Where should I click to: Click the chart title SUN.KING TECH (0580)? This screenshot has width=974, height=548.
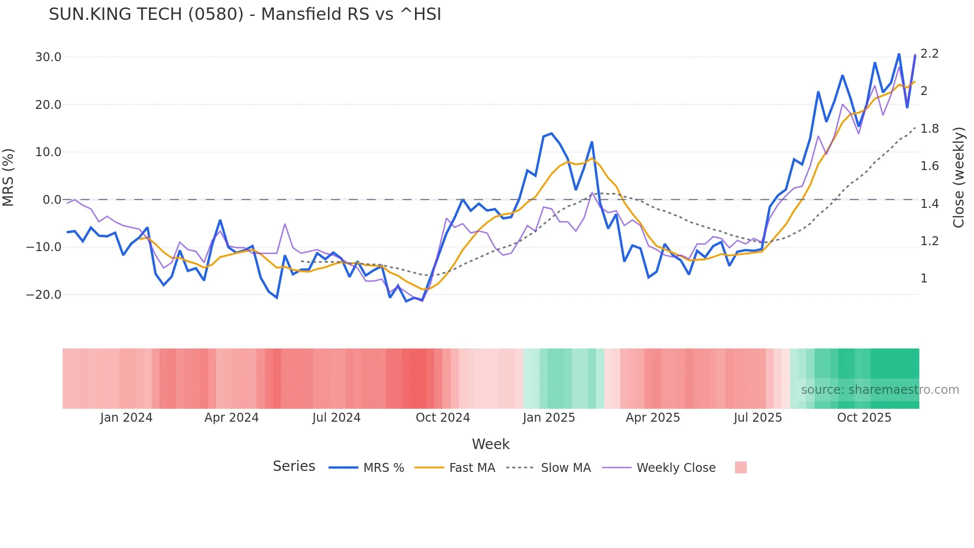pos(244,14)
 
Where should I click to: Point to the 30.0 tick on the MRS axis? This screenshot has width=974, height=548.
pos(48,57)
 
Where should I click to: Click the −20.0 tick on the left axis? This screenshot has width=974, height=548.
pos(44,295)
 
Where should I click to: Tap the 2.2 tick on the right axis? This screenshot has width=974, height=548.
pos(929,54)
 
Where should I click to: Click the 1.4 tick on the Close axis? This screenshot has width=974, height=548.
pos(929,204)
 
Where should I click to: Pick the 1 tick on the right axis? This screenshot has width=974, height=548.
pos(924,278)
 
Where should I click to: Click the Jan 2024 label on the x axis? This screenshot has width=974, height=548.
pos(126,418)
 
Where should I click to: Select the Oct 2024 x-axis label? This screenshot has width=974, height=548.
pos(443,418)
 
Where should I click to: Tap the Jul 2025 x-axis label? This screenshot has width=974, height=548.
pos(758,418)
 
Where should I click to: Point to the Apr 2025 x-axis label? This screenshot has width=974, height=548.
pos(652,418)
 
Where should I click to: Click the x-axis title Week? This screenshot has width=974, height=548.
pos(490,444)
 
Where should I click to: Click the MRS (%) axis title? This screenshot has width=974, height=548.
pos(8,178)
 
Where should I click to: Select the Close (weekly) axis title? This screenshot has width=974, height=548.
pos(959,178)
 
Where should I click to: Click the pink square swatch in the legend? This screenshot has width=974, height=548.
pos(740,467)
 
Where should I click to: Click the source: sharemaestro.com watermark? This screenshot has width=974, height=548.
pos(880,390)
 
